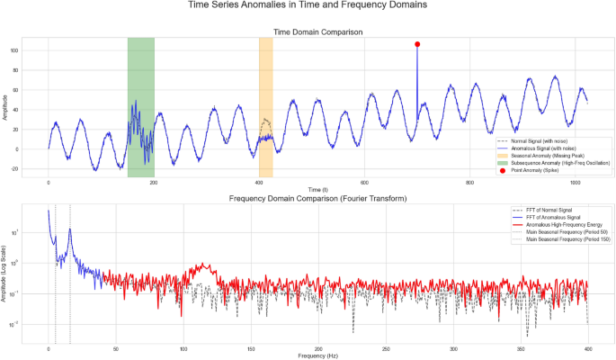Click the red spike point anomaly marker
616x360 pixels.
point(417,44)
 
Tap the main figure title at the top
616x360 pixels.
point(308,7)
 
